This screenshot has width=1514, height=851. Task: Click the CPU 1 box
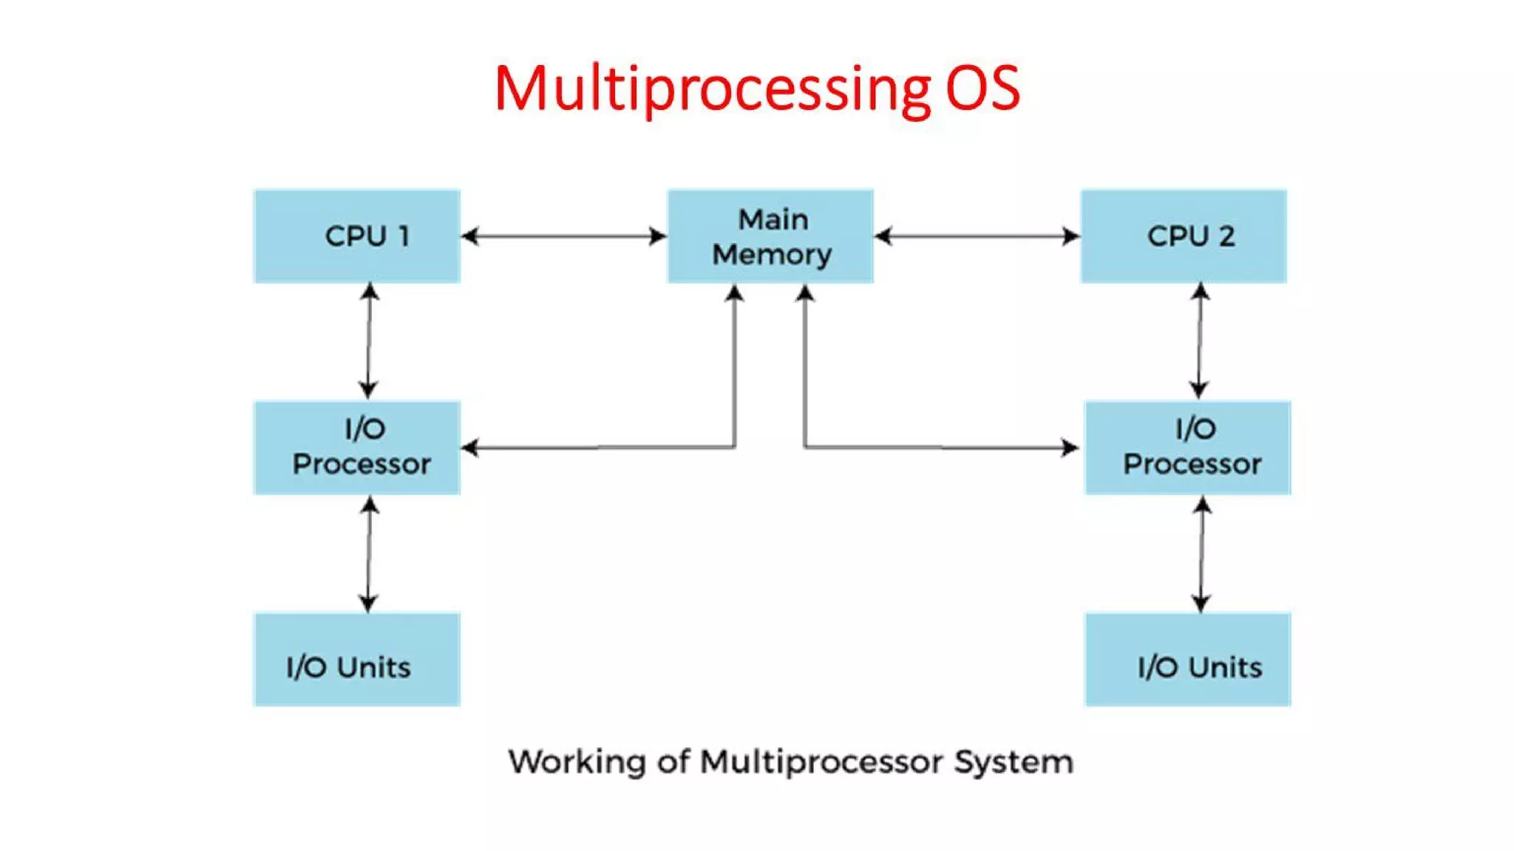point(357,236)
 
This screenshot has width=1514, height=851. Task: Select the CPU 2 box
point(1183,236)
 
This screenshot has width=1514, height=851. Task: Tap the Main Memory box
point(770,236)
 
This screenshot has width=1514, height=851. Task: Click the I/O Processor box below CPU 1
point(357,448)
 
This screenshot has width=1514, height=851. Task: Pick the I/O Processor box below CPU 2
point(1187,448)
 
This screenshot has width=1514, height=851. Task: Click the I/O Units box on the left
point(357,660)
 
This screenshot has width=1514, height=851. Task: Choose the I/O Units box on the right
point(1187,660)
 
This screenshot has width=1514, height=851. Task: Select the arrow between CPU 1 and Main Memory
point(563,236)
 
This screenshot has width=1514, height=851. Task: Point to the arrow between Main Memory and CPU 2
point(977,236)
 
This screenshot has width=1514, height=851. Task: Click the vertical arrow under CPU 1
point(369,341)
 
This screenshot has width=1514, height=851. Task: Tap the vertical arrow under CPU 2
point(1200,341)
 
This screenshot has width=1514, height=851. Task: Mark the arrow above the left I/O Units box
point(369,554)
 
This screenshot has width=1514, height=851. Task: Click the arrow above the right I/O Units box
point(1202,554)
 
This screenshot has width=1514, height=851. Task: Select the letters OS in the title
point(983,89)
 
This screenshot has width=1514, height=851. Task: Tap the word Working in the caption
point(577,762)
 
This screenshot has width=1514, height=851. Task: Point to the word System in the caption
point(1014,762)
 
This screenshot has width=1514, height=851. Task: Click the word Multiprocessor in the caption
point(821,762)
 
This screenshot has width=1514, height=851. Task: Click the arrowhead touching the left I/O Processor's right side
point(470,448)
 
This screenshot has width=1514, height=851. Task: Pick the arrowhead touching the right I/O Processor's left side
point(1070,448)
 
